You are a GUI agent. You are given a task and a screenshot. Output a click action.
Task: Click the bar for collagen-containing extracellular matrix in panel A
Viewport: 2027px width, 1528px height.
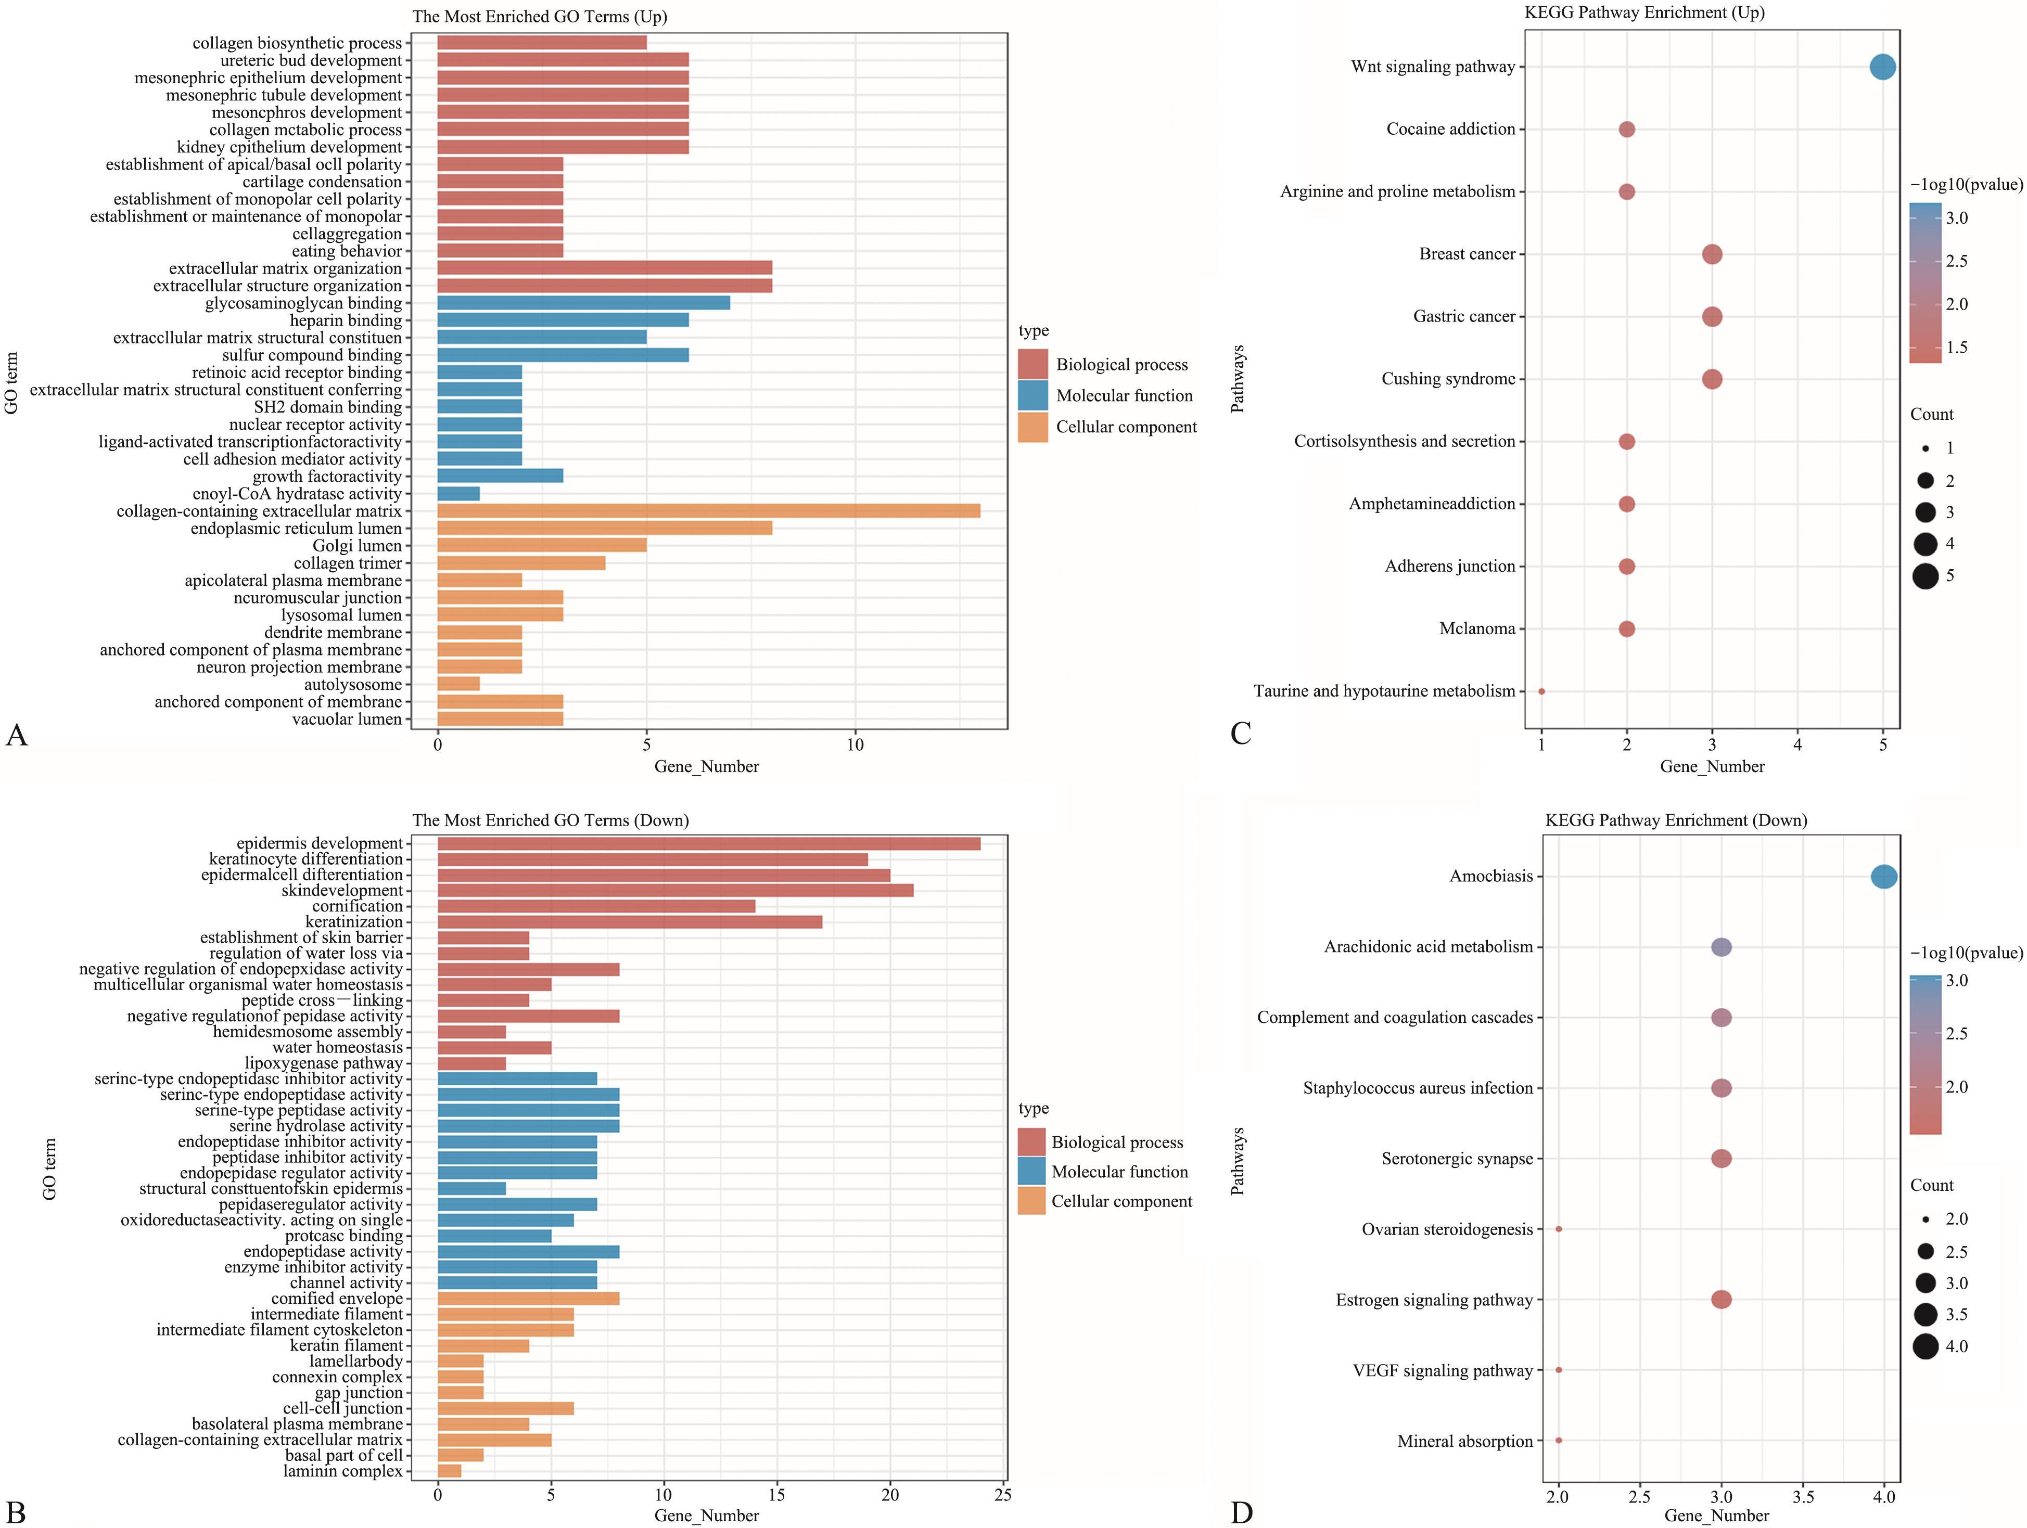click(x=708, y=511)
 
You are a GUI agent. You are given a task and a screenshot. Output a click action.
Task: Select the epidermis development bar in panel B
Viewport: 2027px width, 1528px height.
click(x=708, y=844)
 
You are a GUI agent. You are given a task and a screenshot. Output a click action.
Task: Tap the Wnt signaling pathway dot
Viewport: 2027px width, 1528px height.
click(x=1882, y=67)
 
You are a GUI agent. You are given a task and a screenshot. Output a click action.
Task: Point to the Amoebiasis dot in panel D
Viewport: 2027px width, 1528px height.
click(x=1883, y=877)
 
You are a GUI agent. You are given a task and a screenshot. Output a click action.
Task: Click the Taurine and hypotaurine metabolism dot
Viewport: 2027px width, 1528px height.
click(x=1541, y=691)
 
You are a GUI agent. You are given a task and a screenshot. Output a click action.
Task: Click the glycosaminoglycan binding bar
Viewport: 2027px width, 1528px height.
click(x=584, y=303)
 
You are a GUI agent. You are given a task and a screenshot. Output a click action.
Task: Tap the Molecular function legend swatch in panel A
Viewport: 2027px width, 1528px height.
click(x=1032, y=396)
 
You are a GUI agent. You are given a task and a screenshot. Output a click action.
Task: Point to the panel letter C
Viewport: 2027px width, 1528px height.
click(x=1241, y=734)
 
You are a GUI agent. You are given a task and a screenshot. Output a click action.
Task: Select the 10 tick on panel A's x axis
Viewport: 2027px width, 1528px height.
click(x=855, y=746)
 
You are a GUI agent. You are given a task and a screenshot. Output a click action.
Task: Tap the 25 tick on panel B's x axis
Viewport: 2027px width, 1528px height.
click(x=1002, y=1495)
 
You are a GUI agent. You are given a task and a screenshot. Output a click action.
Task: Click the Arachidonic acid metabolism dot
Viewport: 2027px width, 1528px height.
click(x=1721, y=947)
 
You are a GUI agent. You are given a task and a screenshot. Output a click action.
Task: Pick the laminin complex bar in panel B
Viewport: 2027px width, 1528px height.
click(x=449, y=1471)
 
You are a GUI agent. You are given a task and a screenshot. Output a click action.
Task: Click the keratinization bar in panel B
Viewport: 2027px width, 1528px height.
click(x=630, y=921)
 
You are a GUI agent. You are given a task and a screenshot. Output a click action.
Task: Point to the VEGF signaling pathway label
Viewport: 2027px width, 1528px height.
click(x=1443, y=1371)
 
